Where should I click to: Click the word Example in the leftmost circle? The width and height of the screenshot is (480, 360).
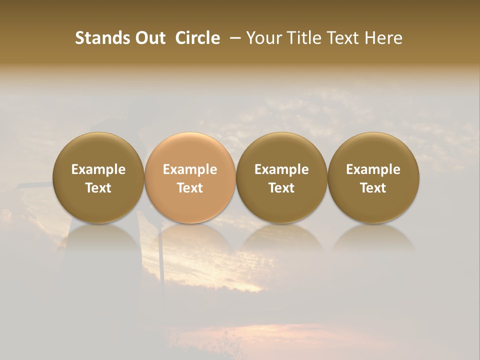(98, 169)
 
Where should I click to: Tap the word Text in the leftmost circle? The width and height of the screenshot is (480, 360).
(98, 188)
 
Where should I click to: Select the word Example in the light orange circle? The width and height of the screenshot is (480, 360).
(190, 169)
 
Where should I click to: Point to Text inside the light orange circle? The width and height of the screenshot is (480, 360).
(190, 188)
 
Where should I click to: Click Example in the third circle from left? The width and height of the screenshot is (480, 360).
(281, 169)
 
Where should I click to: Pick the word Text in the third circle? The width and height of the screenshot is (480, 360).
(281, 188)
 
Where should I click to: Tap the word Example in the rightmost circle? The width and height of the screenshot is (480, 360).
(373, 169)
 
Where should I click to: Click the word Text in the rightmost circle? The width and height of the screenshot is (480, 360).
(373, 188)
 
